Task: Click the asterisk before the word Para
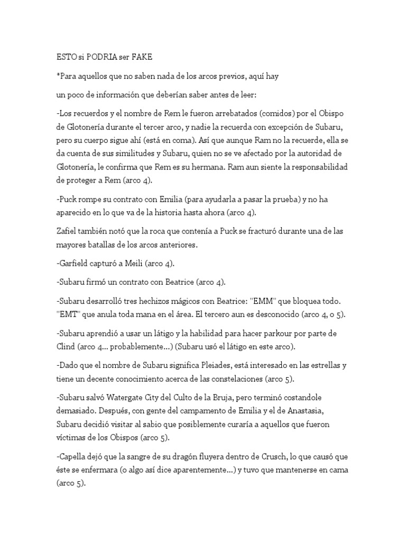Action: (x=57, y=76)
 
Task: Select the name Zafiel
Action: (x=68, y=231)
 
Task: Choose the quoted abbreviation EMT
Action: (x=68, y=314)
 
